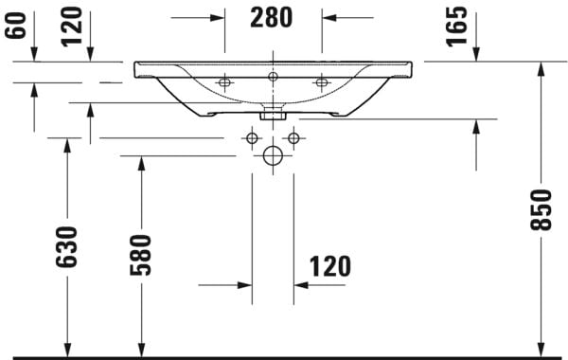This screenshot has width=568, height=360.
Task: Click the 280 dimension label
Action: tap(273, 17)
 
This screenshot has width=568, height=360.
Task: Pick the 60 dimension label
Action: tap(13, 20)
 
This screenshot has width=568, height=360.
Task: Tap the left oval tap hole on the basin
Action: tap(224, 83)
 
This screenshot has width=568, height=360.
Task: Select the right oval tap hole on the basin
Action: tap(321, 83)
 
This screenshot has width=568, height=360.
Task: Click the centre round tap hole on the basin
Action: tap(273, 76)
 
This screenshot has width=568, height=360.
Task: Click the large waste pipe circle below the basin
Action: tap(273, 155)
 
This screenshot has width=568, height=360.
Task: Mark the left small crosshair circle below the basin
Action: tap(252, 138)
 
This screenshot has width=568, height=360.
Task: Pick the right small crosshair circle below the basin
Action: tap(293, 138)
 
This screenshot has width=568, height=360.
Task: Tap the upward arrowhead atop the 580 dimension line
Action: tap(141, 164)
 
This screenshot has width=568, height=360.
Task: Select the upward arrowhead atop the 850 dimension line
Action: tap(541, 70)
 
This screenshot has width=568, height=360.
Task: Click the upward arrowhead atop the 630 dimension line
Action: tap(66, 146)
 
